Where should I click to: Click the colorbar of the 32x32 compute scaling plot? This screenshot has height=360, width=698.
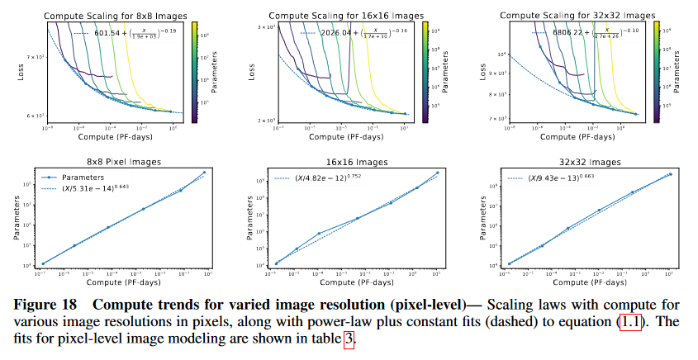(659, 72)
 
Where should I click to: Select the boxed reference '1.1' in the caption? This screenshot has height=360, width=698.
(626, 320)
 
